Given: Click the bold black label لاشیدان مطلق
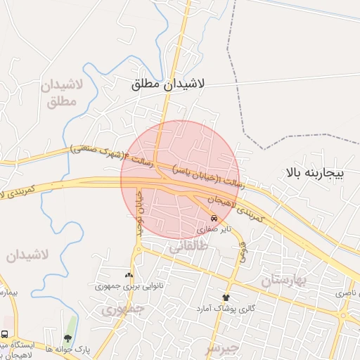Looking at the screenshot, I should click(167, 84).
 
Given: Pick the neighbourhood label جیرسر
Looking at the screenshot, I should click(222, 347).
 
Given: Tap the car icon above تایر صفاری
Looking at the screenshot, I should click(214, 219).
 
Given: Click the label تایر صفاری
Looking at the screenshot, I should click(213, 229).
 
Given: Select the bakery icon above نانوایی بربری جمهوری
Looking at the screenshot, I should click(129, 275).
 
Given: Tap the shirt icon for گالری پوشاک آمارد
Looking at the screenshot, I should click(226, 297).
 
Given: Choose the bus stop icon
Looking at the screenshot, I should click(5, 335).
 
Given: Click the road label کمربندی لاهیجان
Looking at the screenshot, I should click(236, 209).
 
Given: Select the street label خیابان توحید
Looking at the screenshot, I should click(139, 211).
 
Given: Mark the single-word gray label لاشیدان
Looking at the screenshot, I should click(27, 255).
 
